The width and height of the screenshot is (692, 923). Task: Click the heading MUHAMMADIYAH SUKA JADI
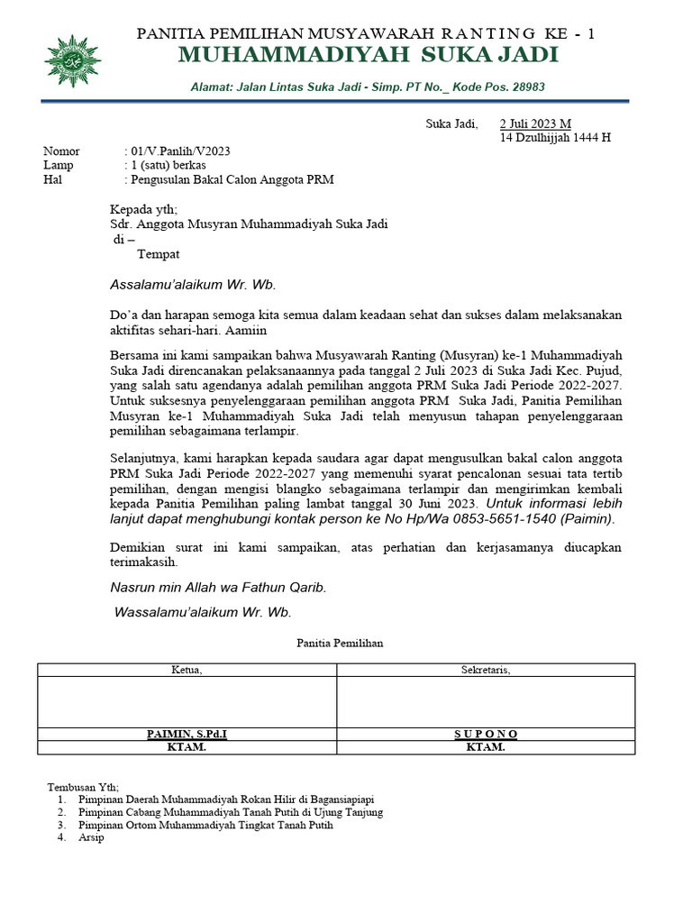pyautogui.click(x=368, y=56)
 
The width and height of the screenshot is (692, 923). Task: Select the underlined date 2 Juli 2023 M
pyautogui.click(x=535, y=123)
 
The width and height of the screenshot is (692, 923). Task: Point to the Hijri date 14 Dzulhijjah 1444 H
pyautogui.click(x=555, y=138)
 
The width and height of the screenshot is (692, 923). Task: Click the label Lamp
pyautogui.click(x=59, y=166)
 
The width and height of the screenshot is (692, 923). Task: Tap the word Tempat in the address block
pyautogui.click(x=158, y=254)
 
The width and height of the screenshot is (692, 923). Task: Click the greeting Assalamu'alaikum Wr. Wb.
pyautogui.click(x=193, y=285)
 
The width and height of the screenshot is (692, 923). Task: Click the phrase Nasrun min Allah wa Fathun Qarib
pyautogui.click(x=217, y=587)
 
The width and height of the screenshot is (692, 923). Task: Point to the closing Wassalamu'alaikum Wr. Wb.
pyautogui.click(x=203, y=612)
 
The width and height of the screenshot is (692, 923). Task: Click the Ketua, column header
pyautogui.click(x=187, y=670)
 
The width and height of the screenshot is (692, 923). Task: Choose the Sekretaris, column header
pyautogui.click(x=486, y=670)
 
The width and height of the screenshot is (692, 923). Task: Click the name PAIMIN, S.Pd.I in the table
pyautogui.click(x=187, y=734)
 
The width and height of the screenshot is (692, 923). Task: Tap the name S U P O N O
pyautogui.click(x=486, y=734)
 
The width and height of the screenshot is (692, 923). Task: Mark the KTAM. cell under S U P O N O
pyautogui.click(x=486, y=747)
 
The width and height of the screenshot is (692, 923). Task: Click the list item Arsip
pyautogui.click(x=92, y=837)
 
